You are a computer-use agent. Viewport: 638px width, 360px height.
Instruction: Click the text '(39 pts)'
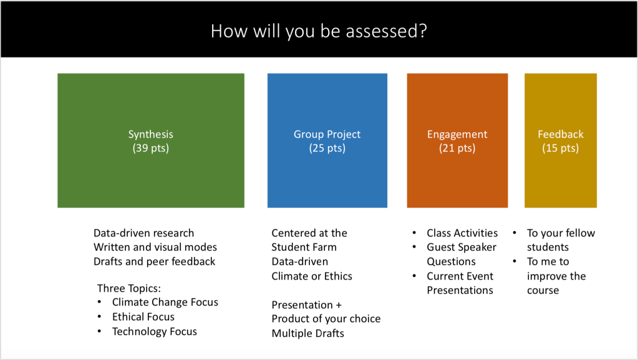(151, 148)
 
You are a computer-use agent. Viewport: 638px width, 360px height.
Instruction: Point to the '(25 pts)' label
(327, 148)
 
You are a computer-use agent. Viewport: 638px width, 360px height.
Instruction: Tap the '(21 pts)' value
(457, 148)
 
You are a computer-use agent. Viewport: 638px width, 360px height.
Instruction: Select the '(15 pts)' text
(561, 148)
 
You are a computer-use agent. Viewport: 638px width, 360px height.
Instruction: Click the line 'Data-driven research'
(143, 233)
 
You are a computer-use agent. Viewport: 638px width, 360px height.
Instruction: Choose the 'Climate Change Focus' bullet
(165, 302)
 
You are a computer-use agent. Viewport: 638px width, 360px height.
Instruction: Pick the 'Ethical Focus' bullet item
(143, 317)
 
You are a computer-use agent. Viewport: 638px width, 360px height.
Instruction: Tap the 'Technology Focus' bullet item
(154, 331)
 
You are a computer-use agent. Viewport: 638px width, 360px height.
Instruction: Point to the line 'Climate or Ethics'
(312, 276)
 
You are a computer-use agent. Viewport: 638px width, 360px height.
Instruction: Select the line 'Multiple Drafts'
(307, 333)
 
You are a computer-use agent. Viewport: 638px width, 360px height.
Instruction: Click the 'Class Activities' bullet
(462, 233)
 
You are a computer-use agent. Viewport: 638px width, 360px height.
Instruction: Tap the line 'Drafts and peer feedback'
(154, 261)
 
